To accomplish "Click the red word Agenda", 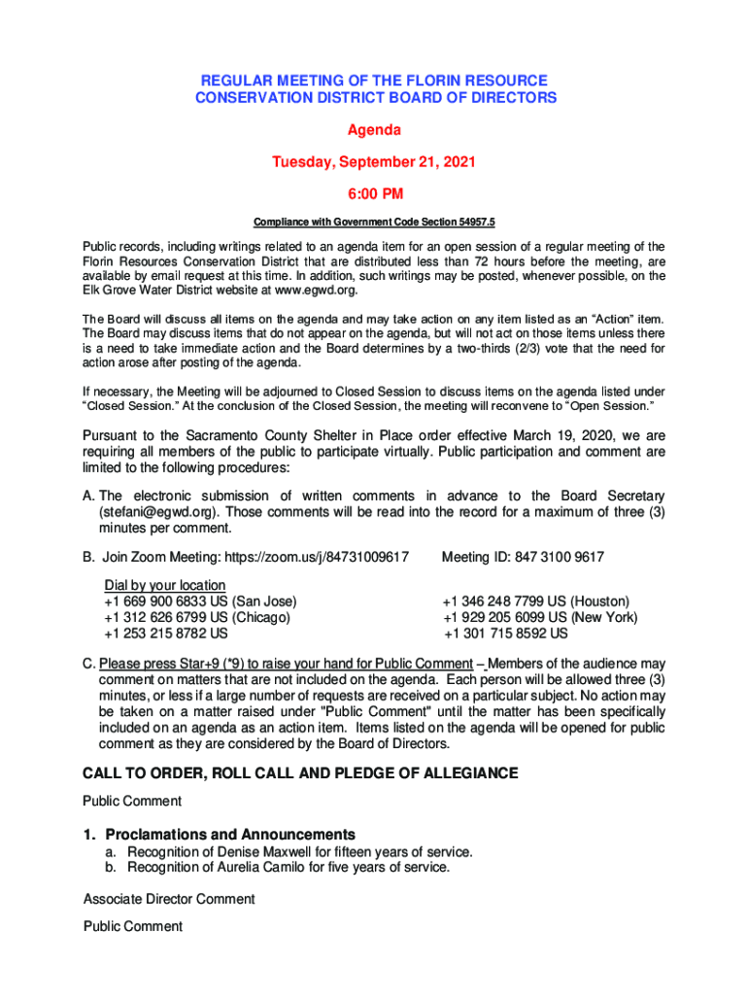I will pyautogui.click(x=374, y=129).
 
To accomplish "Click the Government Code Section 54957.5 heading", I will pyautogui.click(x=374, y=222).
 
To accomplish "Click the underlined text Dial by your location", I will pyautogui.click(x=165, y=585).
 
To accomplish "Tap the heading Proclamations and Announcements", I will pyautogui.click(x=230, y=835).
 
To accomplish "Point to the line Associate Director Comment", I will pyautogui.click(x=169, y=899).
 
